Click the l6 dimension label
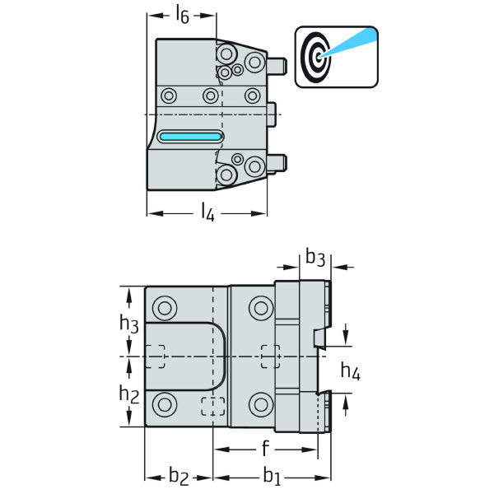(x=183, y=14)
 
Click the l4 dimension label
(x=207, y=213)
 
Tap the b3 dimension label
(x=315, y=258)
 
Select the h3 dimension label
(x=128, y=324)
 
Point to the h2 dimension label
(x=128, y=394)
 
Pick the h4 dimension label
(x=351, y=371)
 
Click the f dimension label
(x=264, y=449)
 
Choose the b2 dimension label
(x=179, y=475)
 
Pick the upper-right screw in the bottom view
(x=261, y=309)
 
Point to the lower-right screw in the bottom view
(x=261, y=403)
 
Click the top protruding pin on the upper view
(x=277, y=63)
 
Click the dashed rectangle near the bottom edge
(x=213, y=406)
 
